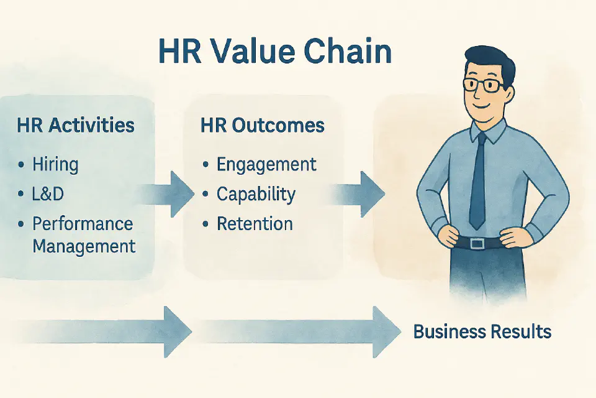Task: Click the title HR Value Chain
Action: [275, 52]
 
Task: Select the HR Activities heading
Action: [76, 126]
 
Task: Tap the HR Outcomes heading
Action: [262, 126]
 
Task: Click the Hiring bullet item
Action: [55, 164]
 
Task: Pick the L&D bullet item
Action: [48, 194]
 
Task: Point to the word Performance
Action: [83, 224]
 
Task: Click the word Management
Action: [84, 246]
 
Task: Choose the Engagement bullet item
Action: [266, 164]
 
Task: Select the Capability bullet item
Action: [256, 194]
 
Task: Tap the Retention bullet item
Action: [255, 224]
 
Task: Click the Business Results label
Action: [482, 331]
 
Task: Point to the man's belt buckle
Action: [477, 241]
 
